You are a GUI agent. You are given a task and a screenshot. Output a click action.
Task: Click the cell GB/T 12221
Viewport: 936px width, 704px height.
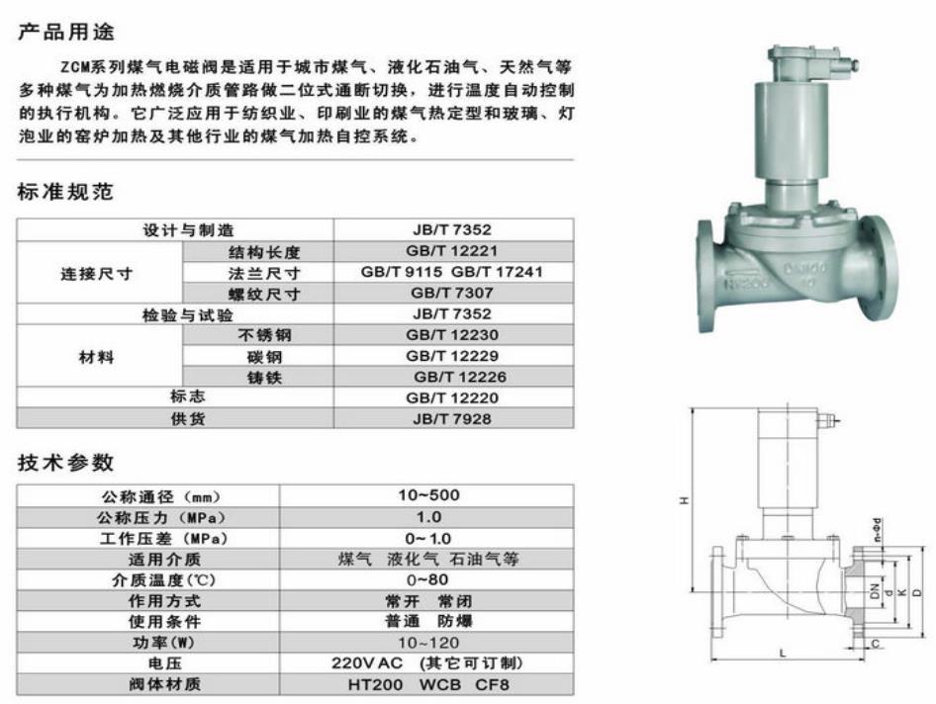(x=451, y=251)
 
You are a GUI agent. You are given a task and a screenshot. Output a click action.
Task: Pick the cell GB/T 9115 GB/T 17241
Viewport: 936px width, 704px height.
(x=451, y=272)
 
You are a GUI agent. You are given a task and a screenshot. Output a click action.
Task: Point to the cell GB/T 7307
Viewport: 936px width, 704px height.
(x=451, y=293)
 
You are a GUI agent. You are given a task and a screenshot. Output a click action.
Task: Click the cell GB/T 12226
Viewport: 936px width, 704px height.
(x=451, y=377)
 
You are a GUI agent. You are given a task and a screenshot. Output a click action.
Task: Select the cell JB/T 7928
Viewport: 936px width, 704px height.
(x=451, y=418)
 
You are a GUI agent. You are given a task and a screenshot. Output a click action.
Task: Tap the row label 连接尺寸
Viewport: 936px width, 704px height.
(x=99, y=272)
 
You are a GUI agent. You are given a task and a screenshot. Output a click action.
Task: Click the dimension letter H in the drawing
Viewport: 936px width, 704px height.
(x=683, y=500)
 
